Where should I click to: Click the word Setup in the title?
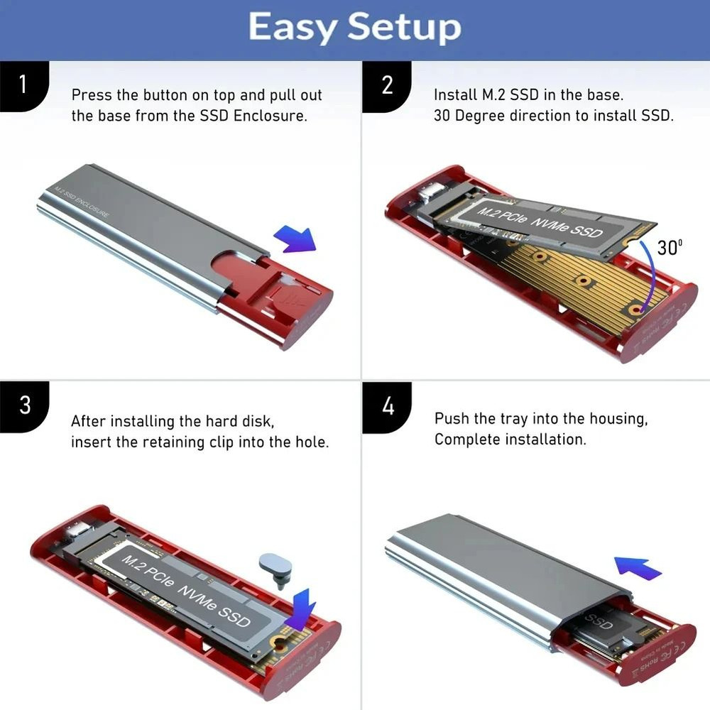(x=403, y=28)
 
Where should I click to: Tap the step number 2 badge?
(x=386, y=84)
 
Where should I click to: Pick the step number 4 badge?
(x=387, y=406)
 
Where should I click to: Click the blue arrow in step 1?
(x=295, y=238)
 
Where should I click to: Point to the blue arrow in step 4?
(x=637, y=567)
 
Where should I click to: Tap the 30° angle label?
(x=670, y=247)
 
